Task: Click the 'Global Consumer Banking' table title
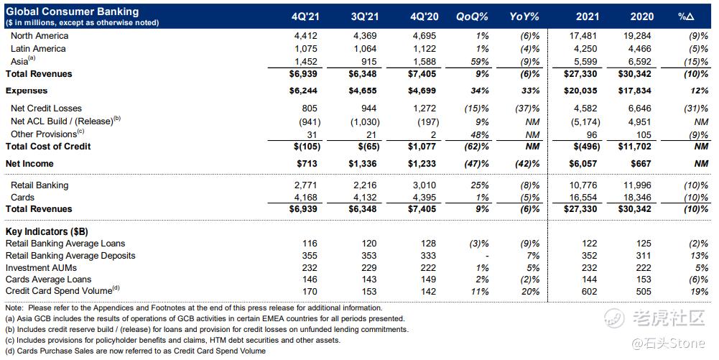(x=72, y=11)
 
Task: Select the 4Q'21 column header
(x=305, y=17)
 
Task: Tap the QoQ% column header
(x=472, y=17)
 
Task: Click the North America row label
(x=40, y=36)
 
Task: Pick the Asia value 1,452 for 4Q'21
(x=305, y=62)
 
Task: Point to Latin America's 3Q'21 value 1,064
(x=365, y=49)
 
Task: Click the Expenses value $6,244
(x=303, y=91)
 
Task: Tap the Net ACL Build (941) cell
(x=307, y=122)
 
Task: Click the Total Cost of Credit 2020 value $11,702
(x=634, y=147)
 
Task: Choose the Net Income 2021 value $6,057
(x=583, y=164)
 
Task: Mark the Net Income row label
(x=29, y=164)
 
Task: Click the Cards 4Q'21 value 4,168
(x=305, y=198)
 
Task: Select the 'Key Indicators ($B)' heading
(x=47, y=231)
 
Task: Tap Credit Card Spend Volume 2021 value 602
(x=590, y=292)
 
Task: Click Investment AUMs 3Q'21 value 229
(x=369, y=268)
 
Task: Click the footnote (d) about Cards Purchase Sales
(x=136, y=351)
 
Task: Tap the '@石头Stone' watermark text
(x=668, y=343)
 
